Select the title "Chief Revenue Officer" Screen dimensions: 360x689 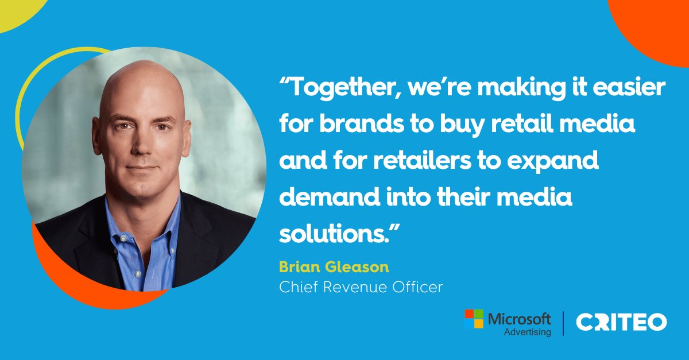click(x=361, y=287)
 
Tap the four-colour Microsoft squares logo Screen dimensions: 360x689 click(x=474, y=319)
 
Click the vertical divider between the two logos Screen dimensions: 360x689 click(x=563, y=323)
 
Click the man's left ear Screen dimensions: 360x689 click(x=188, y=136)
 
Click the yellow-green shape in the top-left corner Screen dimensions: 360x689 click(x=14, y=11)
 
